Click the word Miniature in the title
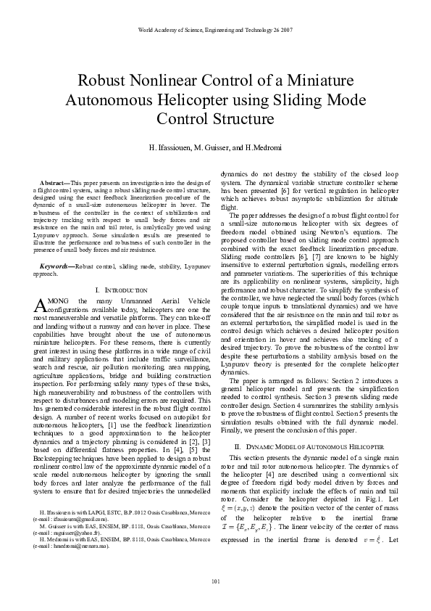(306, 80)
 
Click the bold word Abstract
(55, 180)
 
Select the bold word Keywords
(56, 247)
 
